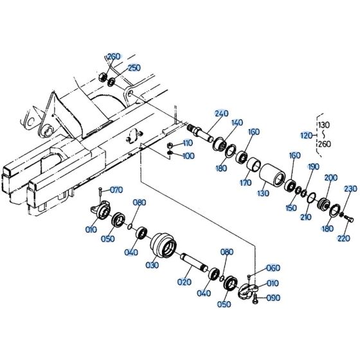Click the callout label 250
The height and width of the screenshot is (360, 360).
134,67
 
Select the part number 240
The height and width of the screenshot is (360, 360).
222,114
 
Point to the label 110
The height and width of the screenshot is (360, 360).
187,143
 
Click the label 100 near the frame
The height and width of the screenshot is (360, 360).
188,156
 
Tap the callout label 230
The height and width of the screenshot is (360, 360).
350,188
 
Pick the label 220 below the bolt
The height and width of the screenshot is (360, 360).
343,238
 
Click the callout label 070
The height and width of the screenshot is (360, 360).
116,190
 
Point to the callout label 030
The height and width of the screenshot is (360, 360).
152,264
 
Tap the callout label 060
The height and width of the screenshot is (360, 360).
273,268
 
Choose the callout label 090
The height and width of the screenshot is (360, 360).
273,298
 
